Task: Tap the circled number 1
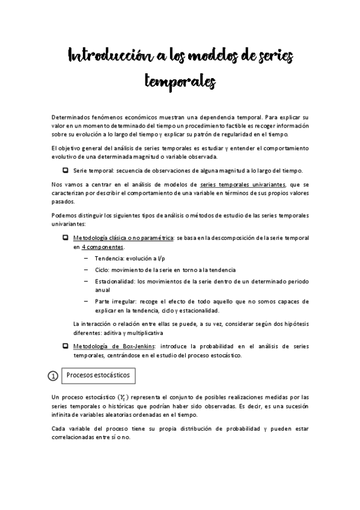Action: point(53,376)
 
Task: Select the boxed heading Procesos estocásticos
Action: point(98,375)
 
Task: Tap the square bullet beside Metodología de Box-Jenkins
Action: point(65,346)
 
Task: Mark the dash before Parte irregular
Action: point(87,301)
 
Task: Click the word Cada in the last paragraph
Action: point(59,428)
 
